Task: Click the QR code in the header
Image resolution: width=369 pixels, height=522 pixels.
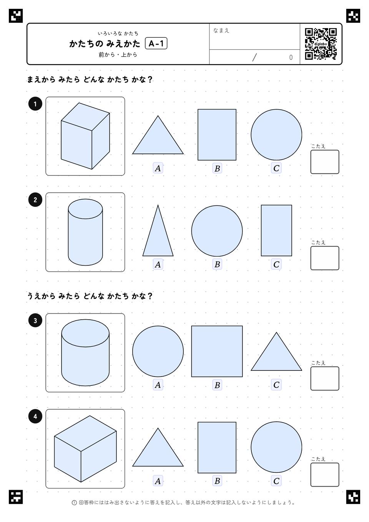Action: point(321,44)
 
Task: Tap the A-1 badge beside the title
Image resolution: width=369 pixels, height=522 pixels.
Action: point(156,43)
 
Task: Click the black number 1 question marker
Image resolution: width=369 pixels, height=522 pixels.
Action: point(35,104)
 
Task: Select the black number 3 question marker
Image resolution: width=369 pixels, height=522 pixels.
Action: point(35,320)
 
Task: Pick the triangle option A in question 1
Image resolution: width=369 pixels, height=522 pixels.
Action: point(158,135)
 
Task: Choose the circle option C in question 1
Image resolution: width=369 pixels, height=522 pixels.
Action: point(276,135)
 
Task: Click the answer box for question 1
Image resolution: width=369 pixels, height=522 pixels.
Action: point(325,162)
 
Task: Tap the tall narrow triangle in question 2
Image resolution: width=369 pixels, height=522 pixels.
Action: point(158,230)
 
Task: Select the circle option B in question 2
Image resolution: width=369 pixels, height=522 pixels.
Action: point(217,231)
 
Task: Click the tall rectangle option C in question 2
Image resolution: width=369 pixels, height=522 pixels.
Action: point(276,230)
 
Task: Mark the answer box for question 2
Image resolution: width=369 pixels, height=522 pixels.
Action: point(325,258)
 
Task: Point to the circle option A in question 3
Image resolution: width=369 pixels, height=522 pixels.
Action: point(158,351)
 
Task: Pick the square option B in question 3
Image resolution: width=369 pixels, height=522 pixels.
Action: point(217,351)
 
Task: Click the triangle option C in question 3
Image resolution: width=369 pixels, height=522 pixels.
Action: point(276,352)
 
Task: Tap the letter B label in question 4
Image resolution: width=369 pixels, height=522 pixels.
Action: point(217,481)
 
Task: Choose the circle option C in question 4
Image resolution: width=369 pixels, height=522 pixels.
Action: point(276,447)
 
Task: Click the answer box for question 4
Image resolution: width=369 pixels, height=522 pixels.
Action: point(325,475)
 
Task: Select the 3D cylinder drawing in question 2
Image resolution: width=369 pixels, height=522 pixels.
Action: point(85,232)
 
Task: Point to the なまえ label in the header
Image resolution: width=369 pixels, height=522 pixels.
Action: point(221,30)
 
